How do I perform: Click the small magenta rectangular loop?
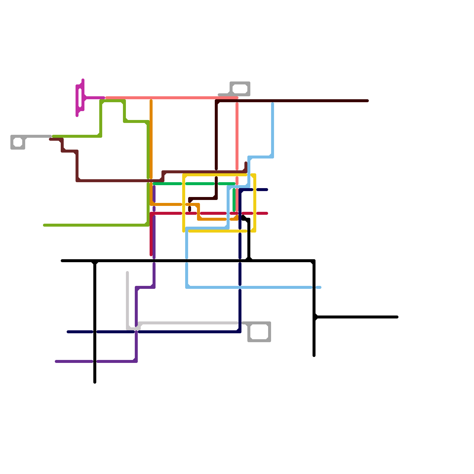tap(80, 98)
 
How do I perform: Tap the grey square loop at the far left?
tap(18, 142)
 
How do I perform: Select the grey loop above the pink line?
tap(240, 89)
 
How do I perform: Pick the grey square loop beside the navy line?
tap(259, 332)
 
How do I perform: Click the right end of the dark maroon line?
tap(368, 101)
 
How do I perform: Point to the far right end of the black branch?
tap(397, 317)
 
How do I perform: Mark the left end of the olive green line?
tap(44, 225)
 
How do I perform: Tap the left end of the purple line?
tap(56, 361)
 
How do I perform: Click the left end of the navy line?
tap(68, 332)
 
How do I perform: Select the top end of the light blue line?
tap(273, 104)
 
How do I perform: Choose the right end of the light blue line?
tap(320, 287)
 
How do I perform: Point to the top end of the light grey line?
tap(127, 272)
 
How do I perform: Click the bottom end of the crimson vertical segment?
tap(151, 255)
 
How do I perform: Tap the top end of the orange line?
tap(151, 101)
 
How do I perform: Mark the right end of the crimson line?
tap(267, 213)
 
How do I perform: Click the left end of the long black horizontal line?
tap(62, 261)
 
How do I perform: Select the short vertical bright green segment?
tap(234, 200)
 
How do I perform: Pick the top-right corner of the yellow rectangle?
tap(255, 175)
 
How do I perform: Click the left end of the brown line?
tap(50, 139)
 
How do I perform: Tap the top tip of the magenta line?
tap(83, 80)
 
